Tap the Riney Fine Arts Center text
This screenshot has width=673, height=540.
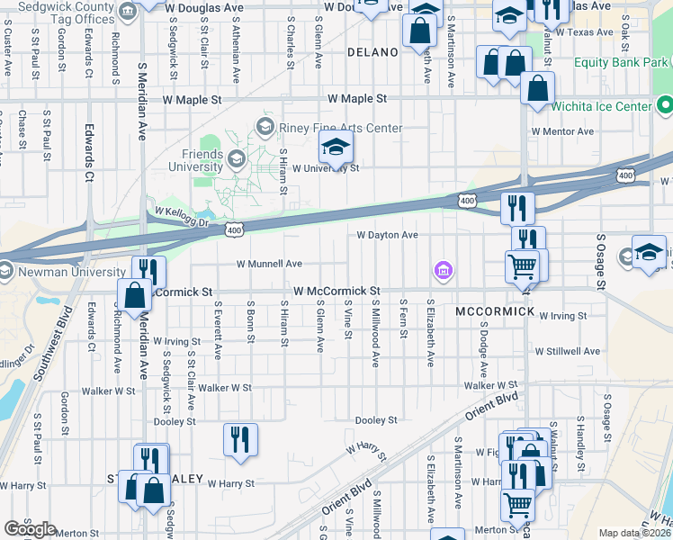point(342,128)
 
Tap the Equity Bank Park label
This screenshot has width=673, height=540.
point(621,62)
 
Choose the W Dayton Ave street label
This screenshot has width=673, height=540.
point(387,235)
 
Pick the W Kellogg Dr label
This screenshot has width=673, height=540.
point(181,217)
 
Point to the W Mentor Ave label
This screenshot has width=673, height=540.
point(562,131)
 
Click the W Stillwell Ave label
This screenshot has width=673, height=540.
point(567,351)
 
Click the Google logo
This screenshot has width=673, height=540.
point(31,529)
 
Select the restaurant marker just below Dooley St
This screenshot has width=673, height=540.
point(240,440)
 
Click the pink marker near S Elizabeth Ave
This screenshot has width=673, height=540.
point(442,269)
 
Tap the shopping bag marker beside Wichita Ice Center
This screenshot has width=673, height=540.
point(537,90)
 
